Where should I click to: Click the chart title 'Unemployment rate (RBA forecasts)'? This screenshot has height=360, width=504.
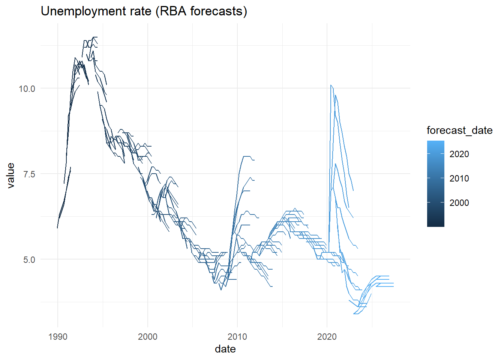coord(144,11)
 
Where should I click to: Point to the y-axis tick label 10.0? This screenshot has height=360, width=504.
coord(27,89)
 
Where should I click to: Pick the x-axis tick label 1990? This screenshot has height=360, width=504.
coord(58,336)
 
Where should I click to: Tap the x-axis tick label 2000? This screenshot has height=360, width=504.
coord(147,336)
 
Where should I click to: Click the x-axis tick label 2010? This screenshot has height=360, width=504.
coord(237,336)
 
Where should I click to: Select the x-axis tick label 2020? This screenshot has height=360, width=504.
coord(327,336)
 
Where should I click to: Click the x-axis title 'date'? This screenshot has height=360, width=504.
coord(225,349)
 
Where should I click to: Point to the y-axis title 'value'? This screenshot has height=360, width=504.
coord(10,175)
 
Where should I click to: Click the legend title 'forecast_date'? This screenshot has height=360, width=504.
coord(459,130)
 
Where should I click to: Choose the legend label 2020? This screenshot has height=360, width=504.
coord(459,154)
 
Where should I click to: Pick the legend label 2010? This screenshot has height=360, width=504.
coord(459,178)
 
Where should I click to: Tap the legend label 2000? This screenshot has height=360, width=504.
coord(459,203)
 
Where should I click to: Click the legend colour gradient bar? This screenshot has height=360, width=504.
coord(435,184)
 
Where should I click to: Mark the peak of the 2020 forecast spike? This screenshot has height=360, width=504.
coord(331,85)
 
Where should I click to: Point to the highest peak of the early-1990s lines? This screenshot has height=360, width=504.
coord(95,37)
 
